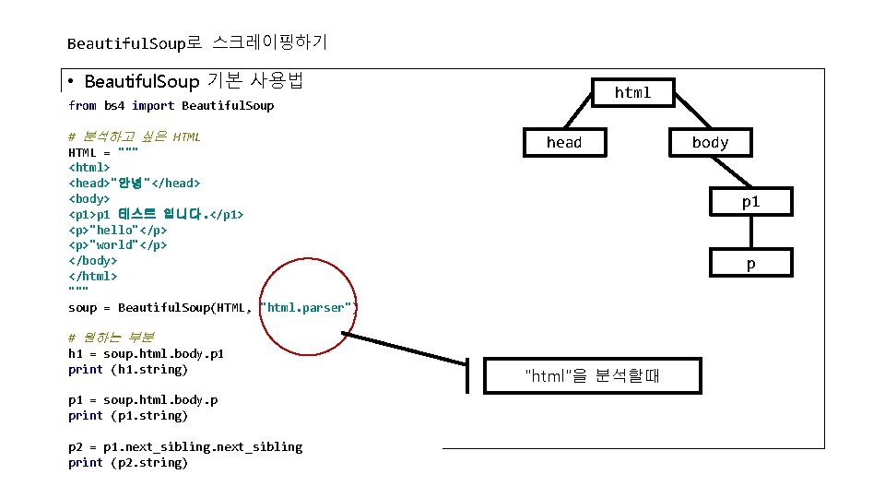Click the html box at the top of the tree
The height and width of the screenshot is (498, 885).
coord(632,92)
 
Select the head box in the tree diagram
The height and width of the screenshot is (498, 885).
coord(563,142)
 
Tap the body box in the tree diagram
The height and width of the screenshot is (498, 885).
coord(710,142)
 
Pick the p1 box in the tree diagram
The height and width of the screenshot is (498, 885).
coord(750,202)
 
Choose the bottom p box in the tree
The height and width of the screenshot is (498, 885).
coord(750,264)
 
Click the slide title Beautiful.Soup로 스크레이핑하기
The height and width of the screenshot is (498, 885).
coord(197,42)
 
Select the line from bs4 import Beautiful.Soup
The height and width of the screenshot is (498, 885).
coord(171,106)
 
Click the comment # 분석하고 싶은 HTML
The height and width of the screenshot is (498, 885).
coord(135,137)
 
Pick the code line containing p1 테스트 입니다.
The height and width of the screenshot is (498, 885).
coord(156,214)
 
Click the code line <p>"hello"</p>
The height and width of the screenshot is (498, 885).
coord(118,230)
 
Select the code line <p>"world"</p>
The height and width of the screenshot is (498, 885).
coord(118,245)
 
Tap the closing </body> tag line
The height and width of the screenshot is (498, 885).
coord(92,261)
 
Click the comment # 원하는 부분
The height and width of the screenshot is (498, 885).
coord(112,338)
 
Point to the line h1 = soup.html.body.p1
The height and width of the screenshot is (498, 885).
coord(146,354)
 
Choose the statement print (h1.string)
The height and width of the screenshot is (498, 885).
coord(128,370)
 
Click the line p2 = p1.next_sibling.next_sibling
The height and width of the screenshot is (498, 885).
coord(184,447)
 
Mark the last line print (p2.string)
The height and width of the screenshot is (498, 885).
coord(128,463)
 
